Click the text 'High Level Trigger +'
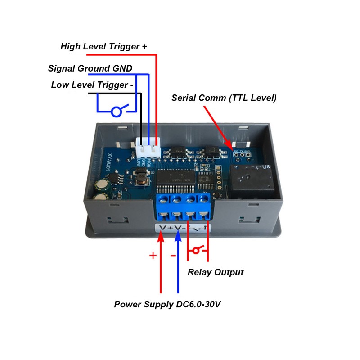pos(103,46)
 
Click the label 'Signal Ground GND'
pos(90,69)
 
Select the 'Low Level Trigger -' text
pos(92,85)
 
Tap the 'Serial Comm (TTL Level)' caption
pos(224,98)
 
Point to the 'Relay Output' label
pos(216,272)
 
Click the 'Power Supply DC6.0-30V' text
pos(167,305)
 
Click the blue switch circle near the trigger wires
pos(116,112)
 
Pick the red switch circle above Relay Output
pos(197,250)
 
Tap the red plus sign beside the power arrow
pos(153,256)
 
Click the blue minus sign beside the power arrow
pos(173,256)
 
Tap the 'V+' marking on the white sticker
pos(165,229)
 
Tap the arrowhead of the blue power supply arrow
pos(178,238)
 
